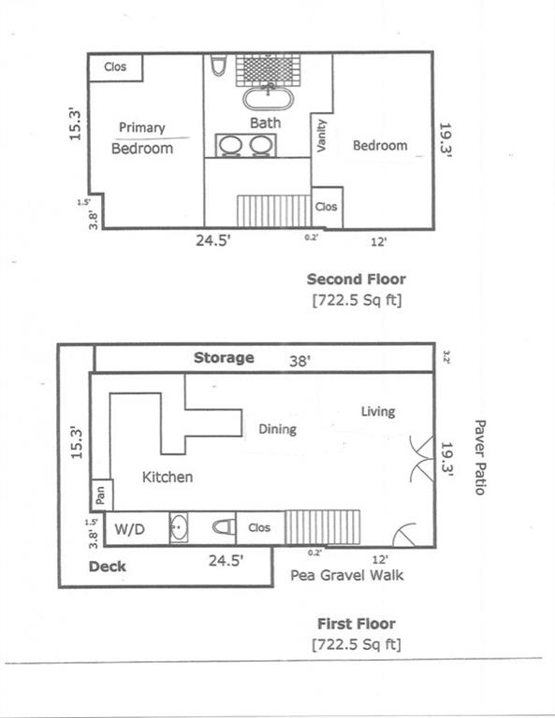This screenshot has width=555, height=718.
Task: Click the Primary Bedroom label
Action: [142, 138]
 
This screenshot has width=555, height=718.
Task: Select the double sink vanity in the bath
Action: [245, 145]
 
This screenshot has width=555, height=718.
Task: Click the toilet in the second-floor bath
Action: [218, 65]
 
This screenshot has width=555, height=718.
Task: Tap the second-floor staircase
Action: [272, 210]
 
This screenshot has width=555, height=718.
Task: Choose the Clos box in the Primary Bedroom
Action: [115, 67]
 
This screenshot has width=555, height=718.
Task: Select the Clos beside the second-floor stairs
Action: [326, 207]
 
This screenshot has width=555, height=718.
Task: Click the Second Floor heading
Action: [357, 279]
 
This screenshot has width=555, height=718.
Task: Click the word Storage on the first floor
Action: [224, 357]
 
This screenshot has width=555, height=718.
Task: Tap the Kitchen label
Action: [168, 477]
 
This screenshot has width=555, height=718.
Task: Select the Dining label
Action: [277, 429]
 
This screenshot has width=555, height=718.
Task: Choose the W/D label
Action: [128, 529]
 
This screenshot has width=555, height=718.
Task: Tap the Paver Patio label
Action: [479, 456]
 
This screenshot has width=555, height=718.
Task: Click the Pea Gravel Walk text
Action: [346, 575]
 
